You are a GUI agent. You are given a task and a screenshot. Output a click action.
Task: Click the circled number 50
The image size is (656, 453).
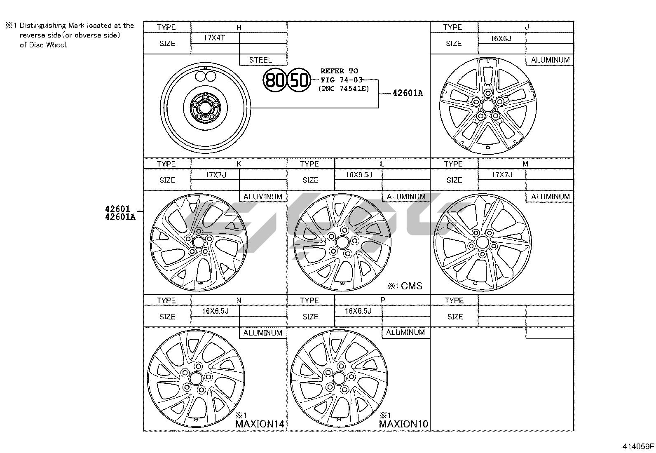click(298, 80)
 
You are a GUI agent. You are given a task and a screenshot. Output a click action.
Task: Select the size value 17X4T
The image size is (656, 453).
click(214, 38)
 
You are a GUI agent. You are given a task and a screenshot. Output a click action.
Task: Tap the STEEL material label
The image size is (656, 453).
click(261, 60)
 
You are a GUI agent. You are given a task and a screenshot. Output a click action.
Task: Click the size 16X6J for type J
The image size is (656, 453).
click(501, 39)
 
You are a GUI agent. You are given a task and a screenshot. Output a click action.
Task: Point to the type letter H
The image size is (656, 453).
click(239, 28)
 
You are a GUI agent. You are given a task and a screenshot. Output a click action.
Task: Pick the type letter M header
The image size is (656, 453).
click(525, 164)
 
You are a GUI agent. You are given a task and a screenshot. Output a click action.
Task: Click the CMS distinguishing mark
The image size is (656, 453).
click(412, 286)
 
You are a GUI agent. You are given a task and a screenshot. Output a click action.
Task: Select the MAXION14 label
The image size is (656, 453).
click(260, 424)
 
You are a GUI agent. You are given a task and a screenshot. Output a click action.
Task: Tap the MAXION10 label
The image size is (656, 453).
click(403, 424)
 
